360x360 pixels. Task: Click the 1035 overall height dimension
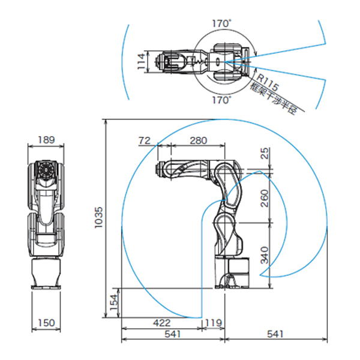(98, 217)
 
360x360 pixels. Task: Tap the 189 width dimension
(46, 140)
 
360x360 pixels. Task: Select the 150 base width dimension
(46, 323)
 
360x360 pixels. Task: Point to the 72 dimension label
(145, 140)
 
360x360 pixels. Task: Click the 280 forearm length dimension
(199, 140)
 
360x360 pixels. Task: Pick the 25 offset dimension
(265, 153)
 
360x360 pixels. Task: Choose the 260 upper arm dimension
(265, 199)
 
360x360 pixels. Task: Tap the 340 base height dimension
(265, 255)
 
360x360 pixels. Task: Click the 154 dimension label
(114, 302)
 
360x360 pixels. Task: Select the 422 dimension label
(162, 323)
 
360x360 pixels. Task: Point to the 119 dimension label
(214, 323)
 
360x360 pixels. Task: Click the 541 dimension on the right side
(275, 334)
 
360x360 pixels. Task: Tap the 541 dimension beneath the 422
(173, 334)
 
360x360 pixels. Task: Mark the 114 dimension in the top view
(141, 61)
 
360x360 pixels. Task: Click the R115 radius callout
(268, 82)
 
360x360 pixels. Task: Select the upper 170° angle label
(221, 23)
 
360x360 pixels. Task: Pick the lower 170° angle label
(221, 100)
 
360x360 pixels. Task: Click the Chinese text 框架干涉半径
(274, 99)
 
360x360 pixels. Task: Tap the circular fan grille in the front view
(46, 170)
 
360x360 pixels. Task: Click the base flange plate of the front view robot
(46, 287)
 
